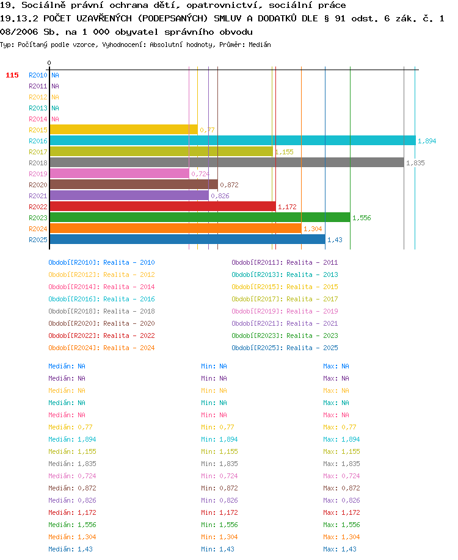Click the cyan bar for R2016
[233, 140]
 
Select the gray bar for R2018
[227, 162]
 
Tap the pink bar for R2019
[120, 174]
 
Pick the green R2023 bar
[200, 218]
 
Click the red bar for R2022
[163, 206]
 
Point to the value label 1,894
[427, 141]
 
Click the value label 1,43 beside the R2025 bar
[335, 240]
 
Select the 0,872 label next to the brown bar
[229, 185]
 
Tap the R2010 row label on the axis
[38, 75]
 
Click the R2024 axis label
[38, 229]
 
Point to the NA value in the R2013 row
[55, 108]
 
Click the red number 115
[12, 75]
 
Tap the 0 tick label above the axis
[49, 63]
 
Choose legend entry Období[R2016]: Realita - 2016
[101, 299]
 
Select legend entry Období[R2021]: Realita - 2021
[285, 323]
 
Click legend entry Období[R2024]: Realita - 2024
[101, 348]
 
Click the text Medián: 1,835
[72, 464]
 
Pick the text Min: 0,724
[219, 476]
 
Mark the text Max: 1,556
[341, 525]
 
